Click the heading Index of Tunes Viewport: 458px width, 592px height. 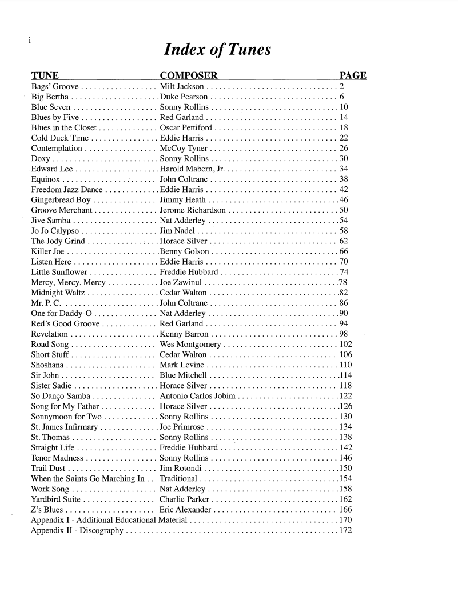(x=217, y=51)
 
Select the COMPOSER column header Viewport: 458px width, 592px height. (x=189, y=76)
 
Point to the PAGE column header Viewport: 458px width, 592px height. (x=353, y=76)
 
